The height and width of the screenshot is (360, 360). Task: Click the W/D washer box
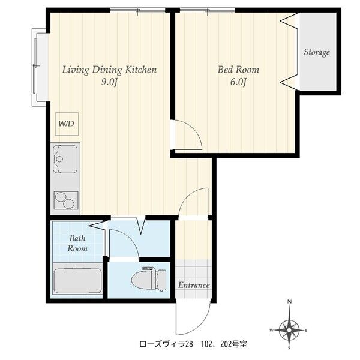click(67, 124)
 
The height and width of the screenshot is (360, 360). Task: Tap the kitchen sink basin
click(65, 159)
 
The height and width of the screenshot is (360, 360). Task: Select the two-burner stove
click(66, 200)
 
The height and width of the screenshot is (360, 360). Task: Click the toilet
click(149, 279)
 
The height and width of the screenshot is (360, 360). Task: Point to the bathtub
click(77, 281)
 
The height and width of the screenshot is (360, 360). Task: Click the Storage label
click(317, 52)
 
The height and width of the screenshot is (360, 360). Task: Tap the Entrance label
click(194, 285)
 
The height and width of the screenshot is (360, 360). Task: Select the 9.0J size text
click(110, 82)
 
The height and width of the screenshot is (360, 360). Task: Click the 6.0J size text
click(238, 82)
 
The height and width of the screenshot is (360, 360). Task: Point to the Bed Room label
click(238, 70)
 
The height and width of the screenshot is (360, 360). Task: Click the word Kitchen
click(141, 70)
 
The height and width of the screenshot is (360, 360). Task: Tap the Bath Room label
click(77, 243)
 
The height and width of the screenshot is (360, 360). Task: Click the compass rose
click(289, 330)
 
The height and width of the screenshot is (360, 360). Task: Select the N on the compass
click(290, 302)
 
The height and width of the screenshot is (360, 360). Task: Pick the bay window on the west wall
click(40, 67)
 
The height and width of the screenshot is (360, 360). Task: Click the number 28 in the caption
click(189, 344)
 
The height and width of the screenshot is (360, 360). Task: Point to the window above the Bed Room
click(208, 10)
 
